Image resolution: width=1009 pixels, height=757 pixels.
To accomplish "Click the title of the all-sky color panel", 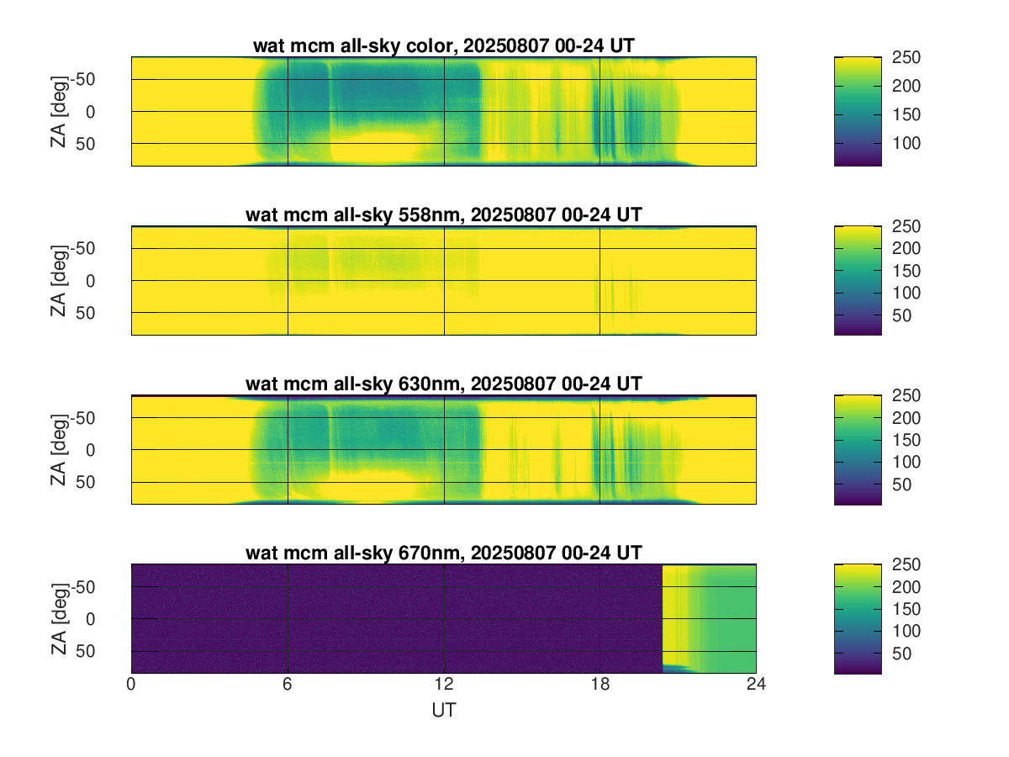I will pos(443,46).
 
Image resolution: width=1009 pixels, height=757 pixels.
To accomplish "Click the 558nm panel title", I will pos(443,215).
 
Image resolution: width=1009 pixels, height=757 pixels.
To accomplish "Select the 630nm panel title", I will pos(443,384).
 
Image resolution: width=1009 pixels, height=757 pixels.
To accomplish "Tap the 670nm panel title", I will pos(443,553).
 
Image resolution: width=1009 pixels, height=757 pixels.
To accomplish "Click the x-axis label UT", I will pos(443,711).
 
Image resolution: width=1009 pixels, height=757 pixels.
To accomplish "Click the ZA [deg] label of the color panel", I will pos(58,111).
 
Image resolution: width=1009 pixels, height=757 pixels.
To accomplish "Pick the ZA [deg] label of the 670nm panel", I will pos(58,618).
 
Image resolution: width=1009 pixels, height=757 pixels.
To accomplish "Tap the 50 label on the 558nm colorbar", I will pos(905,315).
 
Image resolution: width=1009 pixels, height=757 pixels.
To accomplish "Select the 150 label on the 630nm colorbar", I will pos(909,440).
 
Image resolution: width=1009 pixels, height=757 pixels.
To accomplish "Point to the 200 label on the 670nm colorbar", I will pos(909,587).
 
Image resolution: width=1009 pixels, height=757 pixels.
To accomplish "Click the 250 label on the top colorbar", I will pos(909,57).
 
